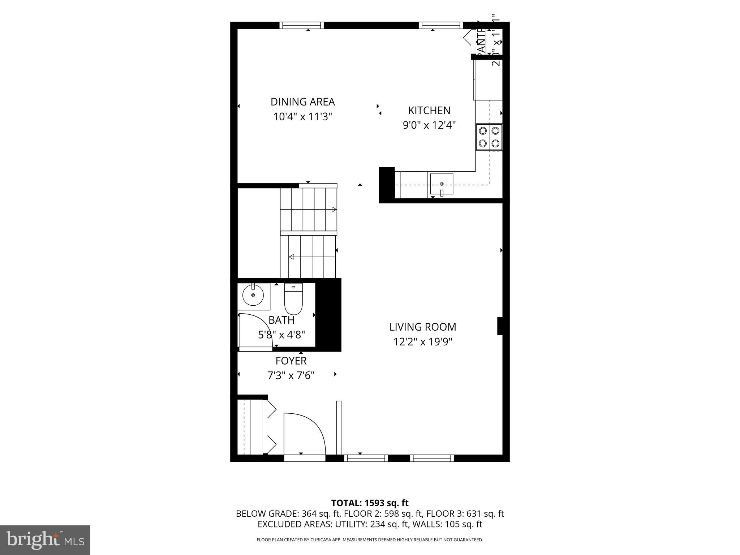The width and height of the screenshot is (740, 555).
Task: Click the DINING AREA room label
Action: (302, 102)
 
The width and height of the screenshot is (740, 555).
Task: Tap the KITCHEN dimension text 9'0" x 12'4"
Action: (429, 125)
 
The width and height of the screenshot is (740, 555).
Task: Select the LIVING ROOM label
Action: (422, 327)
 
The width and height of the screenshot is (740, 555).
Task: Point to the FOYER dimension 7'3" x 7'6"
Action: (291, 376)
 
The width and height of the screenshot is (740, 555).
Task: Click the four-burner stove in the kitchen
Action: (489, 137)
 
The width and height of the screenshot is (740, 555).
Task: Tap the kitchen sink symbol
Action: (441, 185)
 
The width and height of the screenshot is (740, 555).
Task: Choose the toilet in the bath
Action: (293, 299)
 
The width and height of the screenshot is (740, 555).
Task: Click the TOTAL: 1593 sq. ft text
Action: (370, 503)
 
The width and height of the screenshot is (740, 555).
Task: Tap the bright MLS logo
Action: (45, 540)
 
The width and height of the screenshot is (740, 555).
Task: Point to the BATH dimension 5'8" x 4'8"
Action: (281, 335)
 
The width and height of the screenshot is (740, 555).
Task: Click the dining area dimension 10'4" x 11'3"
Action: (302, 117)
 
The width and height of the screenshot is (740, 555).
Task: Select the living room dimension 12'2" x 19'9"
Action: (422, 342)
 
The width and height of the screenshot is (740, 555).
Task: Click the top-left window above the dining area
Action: (301, 25)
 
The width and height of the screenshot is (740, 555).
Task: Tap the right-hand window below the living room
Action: (432, 458)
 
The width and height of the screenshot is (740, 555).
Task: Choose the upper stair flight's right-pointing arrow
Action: (334, 210)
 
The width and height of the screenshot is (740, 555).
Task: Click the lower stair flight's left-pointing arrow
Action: (291, 257)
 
